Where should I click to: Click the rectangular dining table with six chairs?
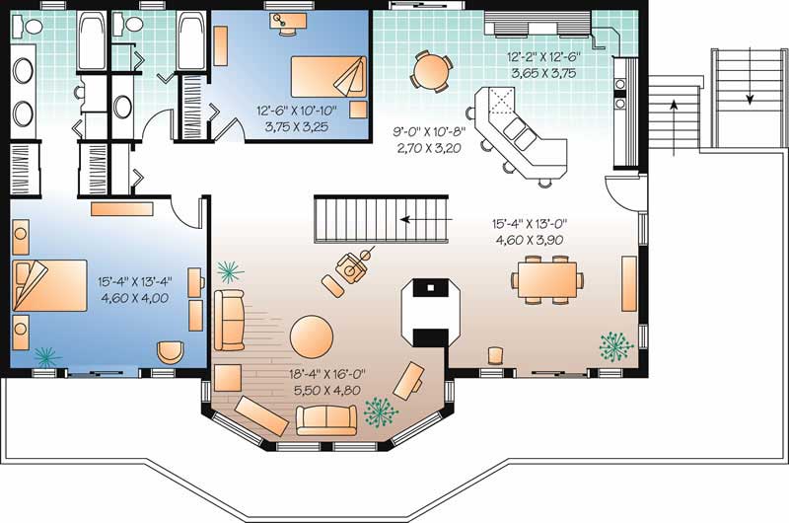pyautogui.click(x=545, y=280)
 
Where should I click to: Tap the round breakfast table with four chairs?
pyautogui.click(x=432, y=70)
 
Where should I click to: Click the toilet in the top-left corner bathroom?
pyautogui.click(x=27, y=28)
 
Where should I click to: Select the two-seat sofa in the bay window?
pyautogui.click(x=326, y=418)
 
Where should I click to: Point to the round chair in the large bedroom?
pyautogui.click(x=171, y=351)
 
